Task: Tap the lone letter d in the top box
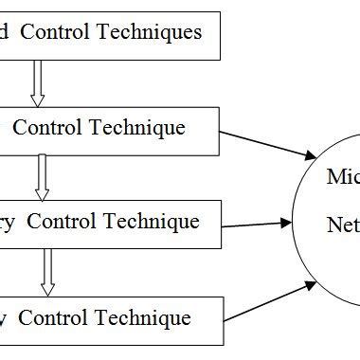point(6,32)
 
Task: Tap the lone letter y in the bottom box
point(5,318)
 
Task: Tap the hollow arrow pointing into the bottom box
point(46,273)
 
